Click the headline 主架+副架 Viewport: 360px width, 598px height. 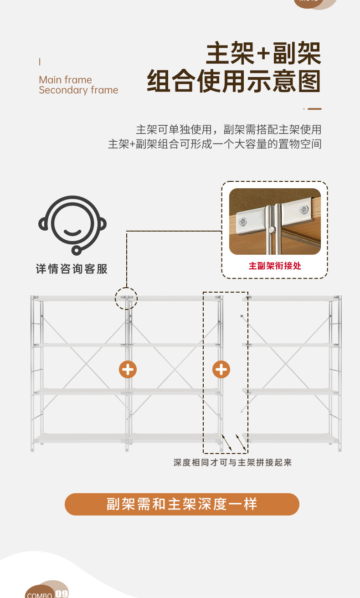coord(263,54)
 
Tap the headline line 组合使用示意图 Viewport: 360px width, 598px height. coord(234,82)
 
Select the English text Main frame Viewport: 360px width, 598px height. coord(65,80)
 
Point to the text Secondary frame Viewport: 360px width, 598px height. coord(78,90)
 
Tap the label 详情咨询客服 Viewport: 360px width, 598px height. coord(72,269)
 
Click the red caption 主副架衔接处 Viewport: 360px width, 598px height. coord(275,266)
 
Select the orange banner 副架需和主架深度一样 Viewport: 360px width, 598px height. coord(182,504)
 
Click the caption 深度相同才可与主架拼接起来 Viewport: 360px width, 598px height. coord(232,463)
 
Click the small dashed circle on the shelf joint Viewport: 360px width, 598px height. coord(126,299)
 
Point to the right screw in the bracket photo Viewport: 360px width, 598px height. coord(303,210)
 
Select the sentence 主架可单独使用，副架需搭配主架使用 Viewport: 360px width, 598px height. coord(228,129)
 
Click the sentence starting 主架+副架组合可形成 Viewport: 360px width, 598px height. coord(215,144)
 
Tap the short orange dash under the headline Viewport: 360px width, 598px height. coord(314,109)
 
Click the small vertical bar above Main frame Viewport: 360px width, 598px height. coord(40,62)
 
